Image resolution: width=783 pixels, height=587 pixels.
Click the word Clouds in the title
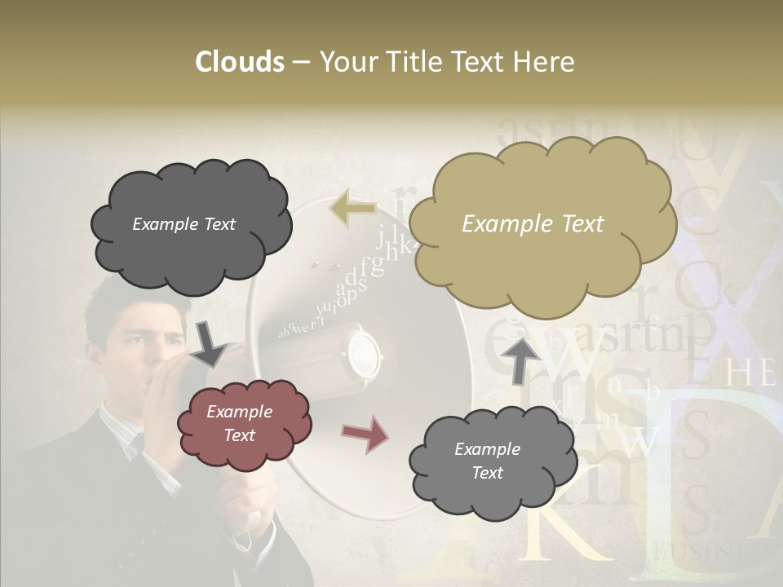pos(240,62)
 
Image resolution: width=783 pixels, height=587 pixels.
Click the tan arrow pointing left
pos(352,208)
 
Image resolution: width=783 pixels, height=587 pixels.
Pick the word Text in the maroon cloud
pos(239,435)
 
